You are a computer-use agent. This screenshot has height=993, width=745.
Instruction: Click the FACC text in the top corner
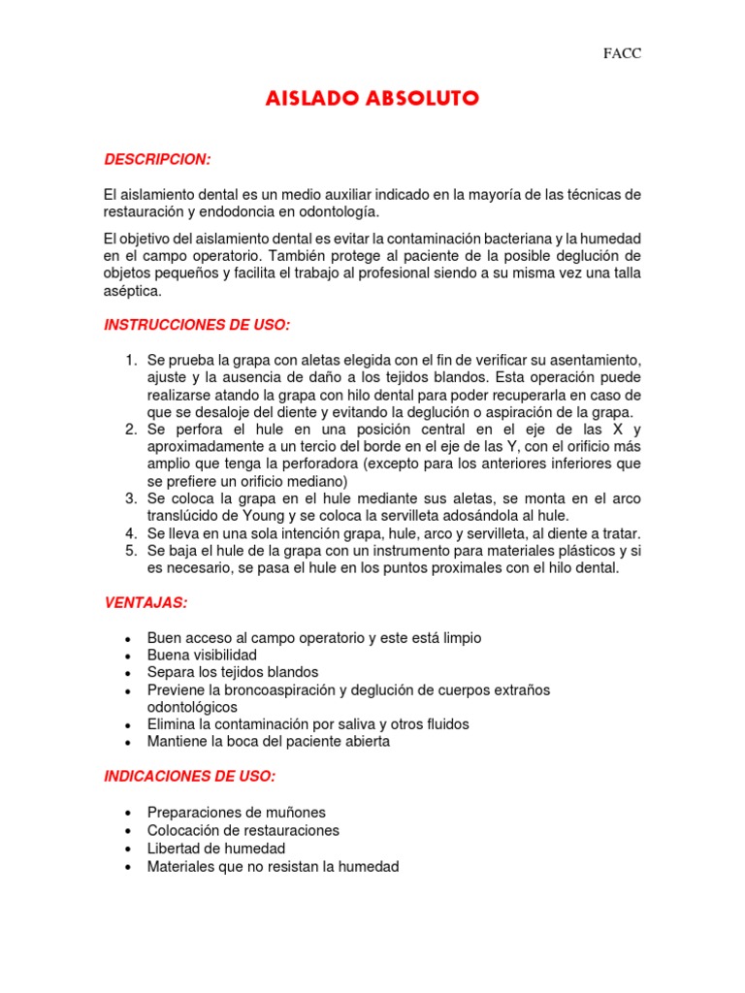(622, 53)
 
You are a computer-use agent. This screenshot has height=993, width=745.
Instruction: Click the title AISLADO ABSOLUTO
(372, 100)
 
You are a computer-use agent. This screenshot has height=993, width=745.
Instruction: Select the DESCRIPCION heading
(157, 159)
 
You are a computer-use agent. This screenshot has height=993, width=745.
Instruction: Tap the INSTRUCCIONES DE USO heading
(197, 325)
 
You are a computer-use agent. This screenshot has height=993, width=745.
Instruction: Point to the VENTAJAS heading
(146, 603)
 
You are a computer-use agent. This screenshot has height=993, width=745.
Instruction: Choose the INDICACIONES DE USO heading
(189, 777)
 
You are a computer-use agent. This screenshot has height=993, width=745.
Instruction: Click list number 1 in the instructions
(131, 361)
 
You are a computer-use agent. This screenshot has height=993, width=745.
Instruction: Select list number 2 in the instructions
(131, 430)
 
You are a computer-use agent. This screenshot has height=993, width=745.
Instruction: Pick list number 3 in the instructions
(131, 498)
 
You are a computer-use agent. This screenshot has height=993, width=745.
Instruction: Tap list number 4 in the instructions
(131, 533)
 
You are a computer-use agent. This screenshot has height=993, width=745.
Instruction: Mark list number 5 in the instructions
(131, 551)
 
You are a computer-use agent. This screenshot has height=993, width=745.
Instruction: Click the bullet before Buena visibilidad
(129, 657)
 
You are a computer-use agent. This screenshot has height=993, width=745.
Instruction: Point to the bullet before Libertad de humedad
(129, 849)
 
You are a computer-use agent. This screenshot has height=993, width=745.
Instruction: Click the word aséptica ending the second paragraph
(133, 290)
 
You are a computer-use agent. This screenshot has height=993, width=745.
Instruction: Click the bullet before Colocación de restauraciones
(129, 832)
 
